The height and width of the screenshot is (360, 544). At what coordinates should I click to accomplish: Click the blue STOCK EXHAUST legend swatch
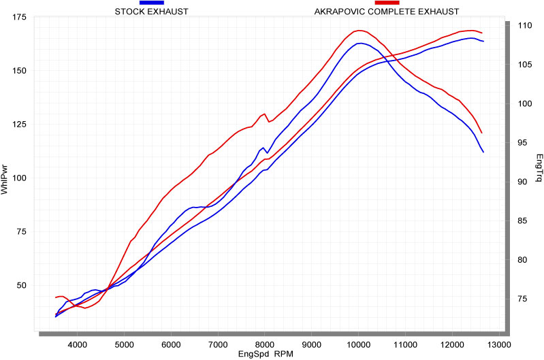click(151, 3)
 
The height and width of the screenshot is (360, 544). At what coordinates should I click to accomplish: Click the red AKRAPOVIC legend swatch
click(387, 3)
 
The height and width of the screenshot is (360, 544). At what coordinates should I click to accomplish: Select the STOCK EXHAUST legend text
click(152, 12)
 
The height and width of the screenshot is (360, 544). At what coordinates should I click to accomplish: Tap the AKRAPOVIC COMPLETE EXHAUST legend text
click(386, 12)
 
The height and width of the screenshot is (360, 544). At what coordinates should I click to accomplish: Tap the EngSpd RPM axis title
click(266, 355)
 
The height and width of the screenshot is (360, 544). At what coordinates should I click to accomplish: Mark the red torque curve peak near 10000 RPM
click(359, 31)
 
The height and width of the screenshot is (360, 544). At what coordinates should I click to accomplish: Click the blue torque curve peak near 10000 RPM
click(360, 44)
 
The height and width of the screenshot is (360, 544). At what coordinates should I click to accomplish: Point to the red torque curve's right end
click(481, 133)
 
